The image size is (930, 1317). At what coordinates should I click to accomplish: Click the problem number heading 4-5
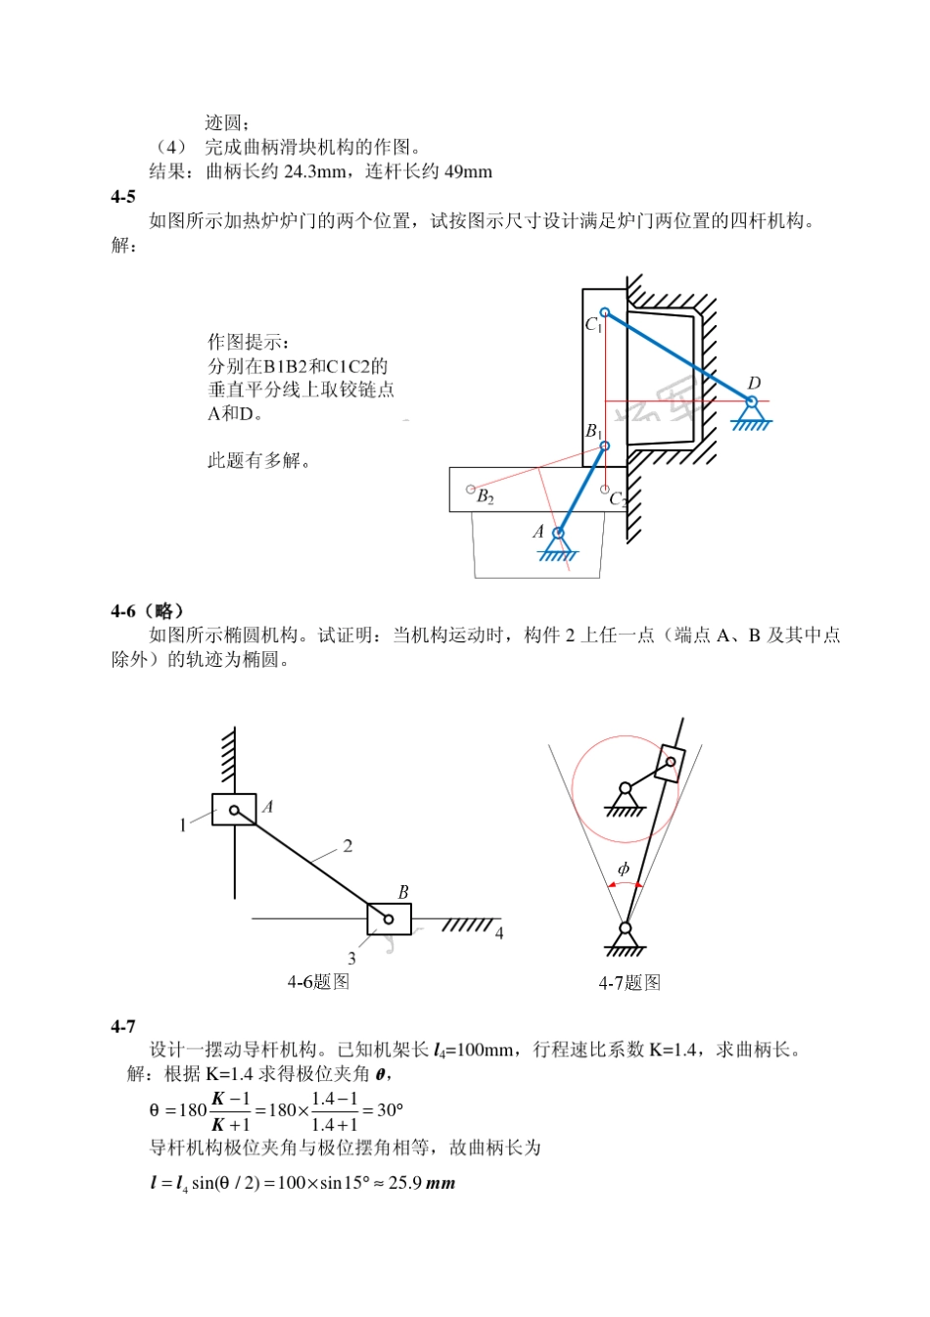[x=122, y=197]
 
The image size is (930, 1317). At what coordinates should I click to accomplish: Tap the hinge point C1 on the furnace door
[x=605, y=312]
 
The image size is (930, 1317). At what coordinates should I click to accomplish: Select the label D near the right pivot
[x=754, y=383]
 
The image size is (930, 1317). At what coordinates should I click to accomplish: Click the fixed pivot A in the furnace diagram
[x=558, y=535]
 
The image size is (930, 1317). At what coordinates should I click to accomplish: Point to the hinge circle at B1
[x=605, y=446]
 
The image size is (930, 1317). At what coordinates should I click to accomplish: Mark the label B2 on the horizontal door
[x=486, y=496]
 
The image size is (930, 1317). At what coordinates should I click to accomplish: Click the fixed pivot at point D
[x=752, y=402]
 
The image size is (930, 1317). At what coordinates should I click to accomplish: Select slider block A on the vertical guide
[x=234, y=810]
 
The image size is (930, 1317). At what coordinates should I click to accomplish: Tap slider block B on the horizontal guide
[x=389, y=918]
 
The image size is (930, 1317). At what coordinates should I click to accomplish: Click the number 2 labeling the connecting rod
[x=348, y=846]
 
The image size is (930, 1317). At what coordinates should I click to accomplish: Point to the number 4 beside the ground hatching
[x=499, y=933]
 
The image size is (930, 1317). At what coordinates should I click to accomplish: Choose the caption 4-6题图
[x=318, y=981]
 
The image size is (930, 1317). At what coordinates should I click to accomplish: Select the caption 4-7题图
[x=629, y=982]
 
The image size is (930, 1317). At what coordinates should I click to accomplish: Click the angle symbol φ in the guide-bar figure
[x=624, y=869]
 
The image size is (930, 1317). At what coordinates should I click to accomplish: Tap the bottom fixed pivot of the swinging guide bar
[x=626, y=929]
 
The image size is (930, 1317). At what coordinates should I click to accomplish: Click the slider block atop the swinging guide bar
[x=670, y=762]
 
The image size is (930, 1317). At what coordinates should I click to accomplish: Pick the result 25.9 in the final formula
[x=405, y=1183]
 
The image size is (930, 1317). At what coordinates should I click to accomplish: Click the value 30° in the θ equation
[x=390, y=1110]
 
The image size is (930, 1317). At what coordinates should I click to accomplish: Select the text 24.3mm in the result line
[x=314, y=171]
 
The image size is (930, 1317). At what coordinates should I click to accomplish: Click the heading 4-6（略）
[x=148, y=611]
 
